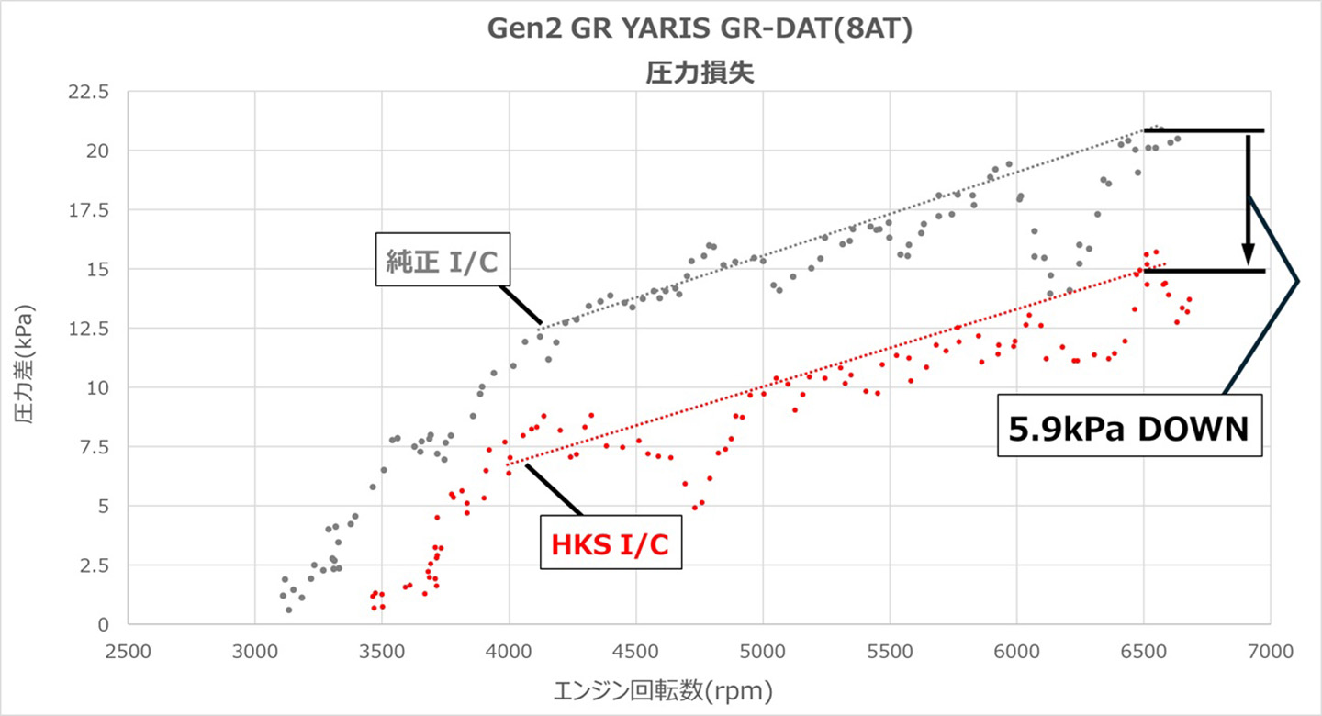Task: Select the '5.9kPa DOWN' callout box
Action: click(x=1128, y=427)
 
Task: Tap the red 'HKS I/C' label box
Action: click(x=610, y=545)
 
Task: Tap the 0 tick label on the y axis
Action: click(x=104, y=624)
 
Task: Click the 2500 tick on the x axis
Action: click(x=128, y=649)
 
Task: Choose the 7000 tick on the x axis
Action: click(x=1271, y=649)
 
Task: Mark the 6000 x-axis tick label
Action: click(x=1016, y=649)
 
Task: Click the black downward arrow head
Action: click(x=1249, y=256)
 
